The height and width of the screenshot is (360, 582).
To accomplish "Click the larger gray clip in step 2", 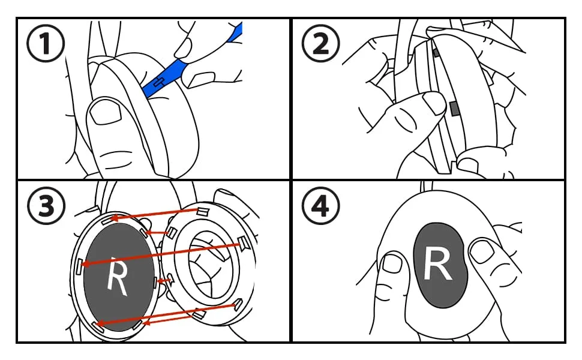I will coord(454,109).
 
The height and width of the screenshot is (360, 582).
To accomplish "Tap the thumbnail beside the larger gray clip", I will coord(434,103).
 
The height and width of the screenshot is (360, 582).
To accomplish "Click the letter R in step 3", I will coord(117,280).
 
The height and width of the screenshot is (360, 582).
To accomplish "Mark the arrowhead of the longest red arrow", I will coord(85,263).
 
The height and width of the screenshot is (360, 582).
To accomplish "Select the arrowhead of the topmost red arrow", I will coord(112,218).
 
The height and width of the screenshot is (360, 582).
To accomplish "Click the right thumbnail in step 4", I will coord(481,251).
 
